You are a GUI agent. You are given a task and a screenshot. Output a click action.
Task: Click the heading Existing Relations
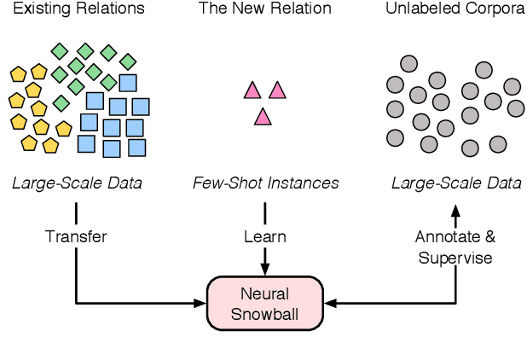[x=78, y=9]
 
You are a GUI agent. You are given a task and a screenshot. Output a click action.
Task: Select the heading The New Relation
[x=265, y=9]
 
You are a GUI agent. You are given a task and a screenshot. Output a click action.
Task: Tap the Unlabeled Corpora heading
[x=455, y=9]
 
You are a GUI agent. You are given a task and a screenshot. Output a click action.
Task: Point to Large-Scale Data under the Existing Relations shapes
[x=77, y=183]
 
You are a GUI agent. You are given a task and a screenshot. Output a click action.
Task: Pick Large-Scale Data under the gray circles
[x=455, y=183]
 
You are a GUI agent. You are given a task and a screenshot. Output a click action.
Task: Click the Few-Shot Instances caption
[x=265, y=183]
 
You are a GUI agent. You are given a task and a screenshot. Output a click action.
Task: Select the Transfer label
[x=76, y=236]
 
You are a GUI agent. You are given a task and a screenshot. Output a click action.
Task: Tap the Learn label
[x=265, y=236]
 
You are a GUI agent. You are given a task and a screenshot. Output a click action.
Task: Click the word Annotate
[x=448, y=236]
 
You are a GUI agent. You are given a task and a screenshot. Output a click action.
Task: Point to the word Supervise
[x=455, y=258]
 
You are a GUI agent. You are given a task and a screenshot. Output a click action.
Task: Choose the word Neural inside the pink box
[x=265, y=293]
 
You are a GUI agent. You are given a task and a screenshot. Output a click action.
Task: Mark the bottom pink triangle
[x=263, y=117]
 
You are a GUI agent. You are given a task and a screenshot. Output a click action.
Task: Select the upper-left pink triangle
[x=252, y=90]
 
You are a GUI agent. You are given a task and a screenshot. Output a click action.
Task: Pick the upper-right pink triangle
[x=276, y=90]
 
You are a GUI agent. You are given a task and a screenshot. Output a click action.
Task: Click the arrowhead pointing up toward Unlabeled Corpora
[x=455, y=208]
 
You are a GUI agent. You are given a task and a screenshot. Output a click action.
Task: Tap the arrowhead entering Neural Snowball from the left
[x=202, y=303]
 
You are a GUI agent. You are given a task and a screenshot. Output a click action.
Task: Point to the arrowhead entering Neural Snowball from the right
[x=330, y=303]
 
